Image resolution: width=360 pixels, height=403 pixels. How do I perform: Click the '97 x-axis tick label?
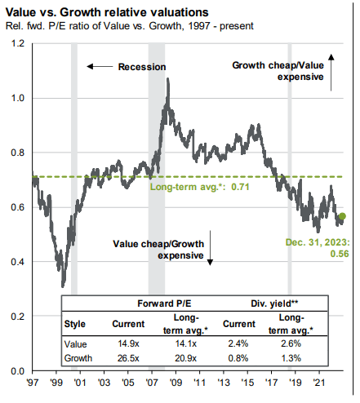pos(33,382)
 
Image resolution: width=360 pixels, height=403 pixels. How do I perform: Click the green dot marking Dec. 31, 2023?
pos(341,216)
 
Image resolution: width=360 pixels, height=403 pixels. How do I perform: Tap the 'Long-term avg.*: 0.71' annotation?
pos(189,187)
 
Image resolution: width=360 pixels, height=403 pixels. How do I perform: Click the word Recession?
pos(142,66)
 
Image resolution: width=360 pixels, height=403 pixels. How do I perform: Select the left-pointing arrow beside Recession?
pos(100,66)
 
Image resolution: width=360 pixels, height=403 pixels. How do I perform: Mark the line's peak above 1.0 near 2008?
pos(167,80)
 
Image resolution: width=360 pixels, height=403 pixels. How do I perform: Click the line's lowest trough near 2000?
pos(63,286)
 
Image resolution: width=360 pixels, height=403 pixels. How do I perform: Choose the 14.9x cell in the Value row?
pos(128,343)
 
